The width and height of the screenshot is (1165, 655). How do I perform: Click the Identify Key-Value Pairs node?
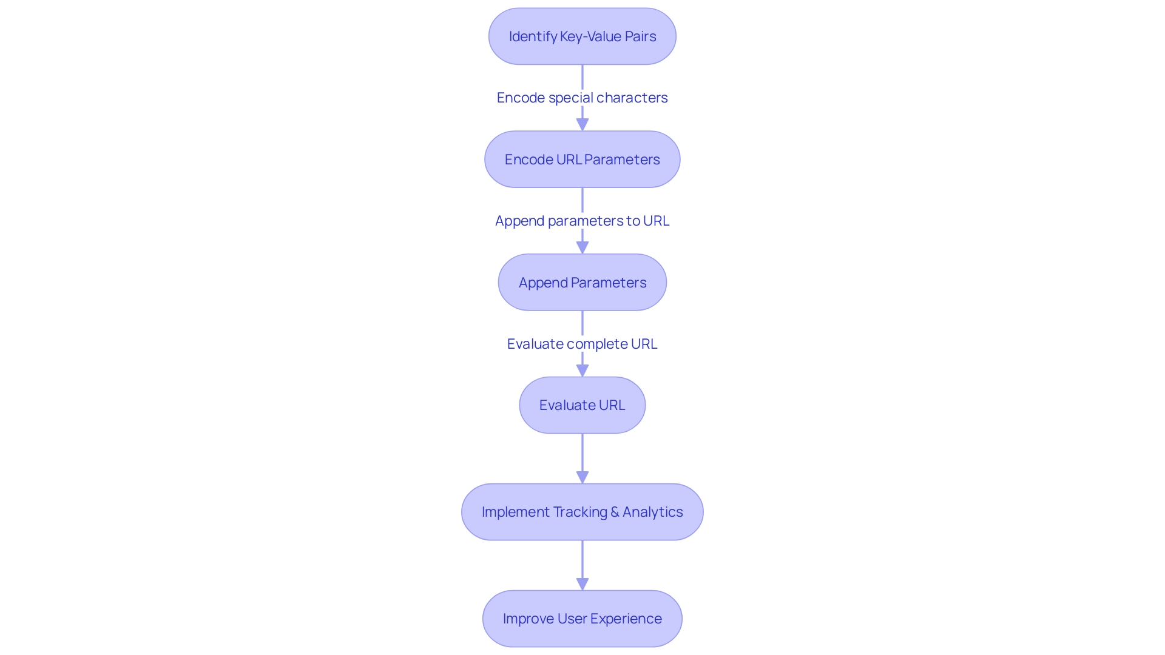582,36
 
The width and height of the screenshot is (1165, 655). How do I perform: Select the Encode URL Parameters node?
582,160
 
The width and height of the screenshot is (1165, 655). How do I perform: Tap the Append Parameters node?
582,283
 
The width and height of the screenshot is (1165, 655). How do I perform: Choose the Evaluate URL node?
582,405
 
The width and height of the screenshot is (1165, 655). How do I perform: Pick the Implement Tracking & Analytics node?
582,512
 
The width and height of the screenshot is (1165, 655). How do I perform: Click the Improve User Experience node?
582,619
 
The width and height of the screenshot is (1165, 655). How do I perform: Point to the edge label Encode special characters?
582,98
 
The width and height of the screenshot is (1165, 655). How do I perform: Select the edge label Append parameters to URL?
582,221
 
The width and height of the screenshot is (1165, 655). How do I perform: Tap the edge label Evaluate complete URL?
582,344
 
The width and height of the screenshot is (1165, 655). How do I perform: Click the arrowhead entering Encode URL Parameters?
582,124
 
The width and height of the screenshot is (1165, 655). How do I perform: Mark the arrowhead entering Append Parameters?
582,247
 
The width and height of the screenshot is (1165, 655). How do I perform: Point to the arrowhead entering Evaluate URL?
582,370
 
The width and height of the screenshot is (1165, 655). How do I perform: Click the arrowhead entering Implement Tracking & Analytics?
582,477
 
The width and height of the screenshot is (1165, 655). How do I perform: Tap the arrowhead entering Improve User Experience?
582,583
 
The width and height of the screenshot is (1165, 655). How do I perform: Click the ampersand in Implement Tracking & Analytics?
615,512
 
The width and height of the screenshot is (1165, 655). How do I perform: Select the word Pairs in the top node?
640,36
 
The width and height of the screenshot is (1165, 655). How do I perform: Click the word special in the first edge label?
570,98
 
